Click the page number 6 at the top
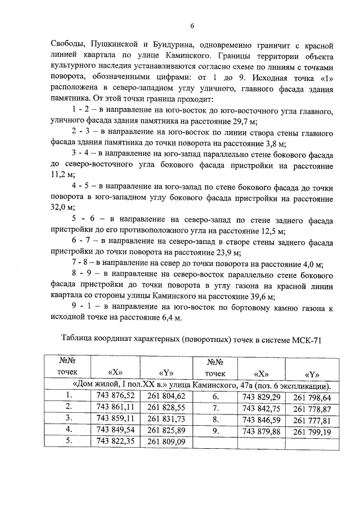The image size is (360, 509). click(x=192, y=26)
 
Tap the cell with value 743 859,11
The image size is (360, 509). click(x=115, y=419)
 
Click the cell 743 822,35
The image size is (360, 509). click(x=115, y=442)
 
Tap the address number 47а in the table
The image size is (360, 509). click(x=232, y=386)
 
